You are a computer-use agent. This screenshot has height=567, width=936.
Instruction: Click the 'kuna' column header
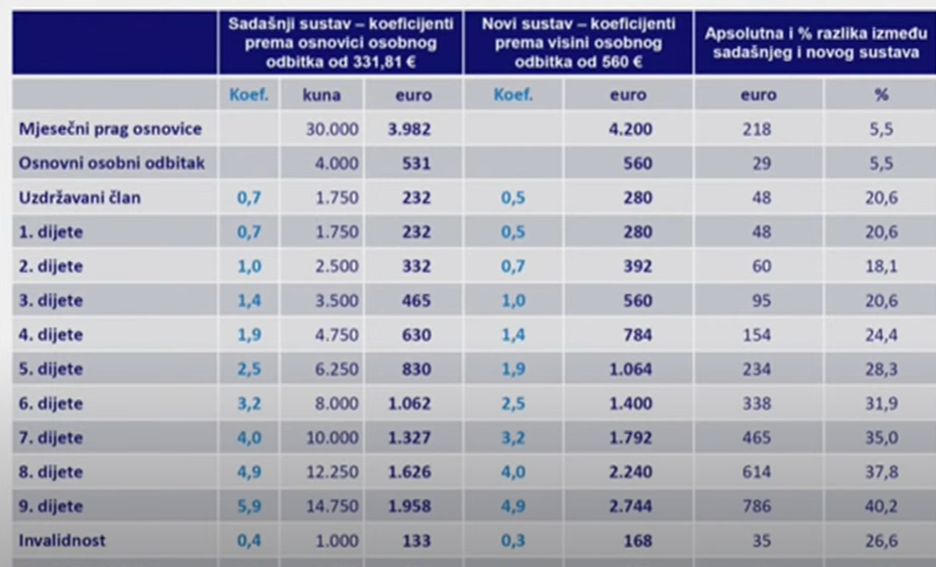tap(321, 95)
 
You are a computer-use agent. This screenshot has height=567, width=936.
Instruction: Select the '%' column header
tap(881, 95)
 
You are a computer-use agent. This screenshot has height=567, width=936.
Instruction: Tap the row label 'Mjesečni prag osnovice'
tap(110, 129)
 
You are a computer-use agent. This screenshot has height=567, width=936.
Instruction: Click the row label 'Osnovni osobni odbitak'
tap(111, 163)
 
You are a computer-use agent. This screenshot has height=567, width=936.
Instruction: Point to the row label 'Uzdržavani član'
tap(79, 198)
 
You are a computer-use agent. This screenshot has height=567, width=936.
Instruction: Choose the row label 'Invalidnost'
tap(62, 540)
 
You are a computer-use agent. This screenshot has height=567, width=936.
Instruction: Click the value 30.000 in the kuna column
tap(332, 129)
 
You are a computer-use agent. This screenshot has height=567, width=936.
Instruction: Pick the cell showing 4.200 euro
tap(630, 129)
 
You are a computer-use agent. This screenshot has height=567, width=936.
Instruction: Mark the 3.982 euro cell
tap(409, 129)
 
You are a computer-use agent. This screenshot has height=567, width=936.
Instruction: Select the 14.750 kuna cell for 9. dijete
tap(332, 506)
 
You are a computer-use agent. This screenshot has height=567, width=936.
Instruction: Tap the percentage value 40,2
tap(881, 506)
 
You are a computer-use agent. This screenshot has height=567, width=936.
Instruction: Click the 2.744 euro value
tap(630, 506)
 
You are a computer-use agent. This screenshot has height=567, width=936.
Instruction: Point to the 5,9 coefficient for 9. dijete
tap(249, 506)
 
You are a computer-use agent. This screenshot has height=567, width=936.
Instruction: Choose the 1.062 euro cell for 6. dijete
tap(409, 403)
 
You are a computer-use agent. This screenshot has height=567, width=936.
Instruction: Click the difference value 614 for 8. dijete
tap(756, 472)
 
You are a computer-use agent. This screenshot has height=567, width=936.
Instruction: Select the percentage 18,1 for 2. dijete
tap(881, 266)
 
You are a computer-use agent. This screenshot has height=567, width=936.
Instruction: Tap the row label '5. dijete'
tap(50, 369)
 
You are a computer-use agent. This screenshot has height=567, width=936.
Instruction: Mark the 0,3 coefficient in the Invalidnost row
tap(513, 540)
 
